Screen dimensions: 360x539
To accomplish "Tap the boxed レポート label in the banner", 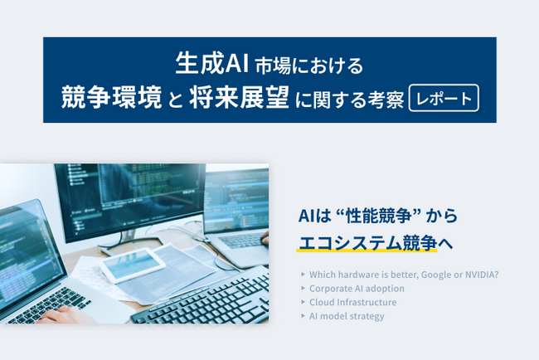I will coord(444,98).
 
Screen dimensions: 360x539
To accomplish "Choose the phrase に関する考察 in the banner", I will coord(349,99).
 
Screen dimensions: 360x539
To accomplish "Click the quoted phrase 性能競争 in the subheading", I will coord(377,216).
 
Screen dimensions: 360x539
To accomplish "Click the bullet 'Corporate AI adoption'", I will coord(357,289).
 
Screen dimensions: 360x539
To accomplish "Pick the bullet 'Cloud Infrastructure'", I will coord(352,302).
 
